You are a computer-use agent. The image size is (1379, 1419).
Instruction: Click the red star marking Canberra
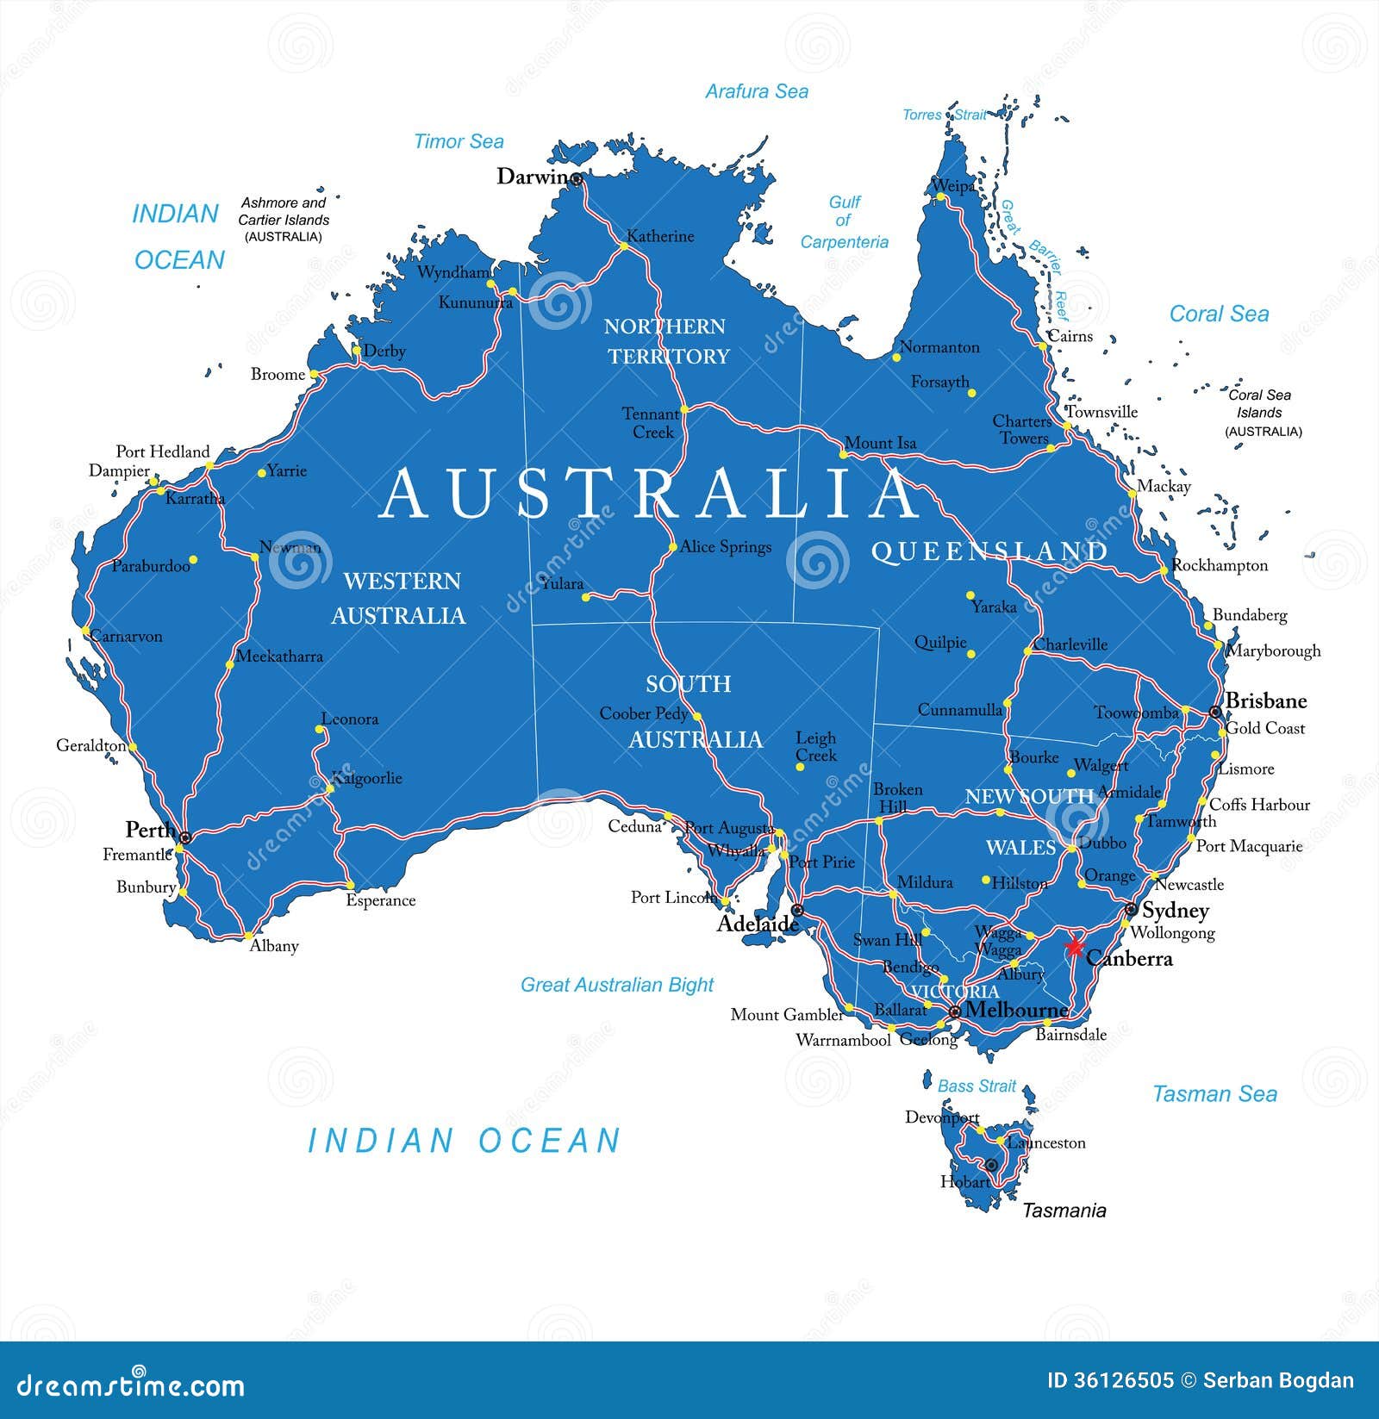pos(1074,947)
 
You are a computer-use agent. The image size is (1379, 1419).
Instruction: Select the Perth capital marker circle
pos(184,837)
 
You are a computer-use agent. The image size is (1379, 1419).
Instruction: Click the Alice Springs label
pos(726,547)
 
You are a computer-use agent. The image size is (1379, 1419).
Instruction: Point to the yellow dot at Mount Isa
pos(844,454)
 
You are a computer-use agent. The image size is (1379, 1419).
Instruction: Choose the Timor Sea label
pos(459,141)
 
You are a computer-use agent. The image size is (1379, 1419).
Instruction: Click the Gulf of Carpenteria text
pos(844,222)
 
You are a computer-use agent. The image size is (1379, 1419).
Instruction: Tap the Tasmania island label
pos(1064,1211)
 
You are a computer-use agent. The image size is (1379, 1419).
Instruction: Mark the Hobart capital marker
pos(991,1165)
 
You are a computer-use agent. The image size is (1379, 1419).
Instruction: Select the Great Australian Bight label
pos(617,985)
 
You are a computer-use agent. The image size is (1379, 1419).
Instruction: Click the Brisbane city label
pos(1265,700)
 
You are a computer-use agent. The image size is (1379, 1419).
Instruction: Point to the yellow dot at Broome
pos(315,375)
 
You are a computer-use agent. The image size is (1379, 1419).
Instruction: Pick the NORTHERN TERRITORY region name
pos(667,341)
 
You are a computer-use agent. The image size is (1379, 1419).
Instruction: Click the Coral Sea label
pos(1219,314)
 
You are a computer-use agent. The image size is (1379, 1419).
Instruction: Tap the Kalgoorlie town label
pos(367,778)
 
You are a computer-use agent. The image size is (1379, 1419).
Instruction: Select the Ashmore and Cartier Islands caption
pos(284,219)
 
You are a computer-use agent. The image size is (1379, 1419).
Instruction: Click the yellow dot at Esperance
pos(350,886)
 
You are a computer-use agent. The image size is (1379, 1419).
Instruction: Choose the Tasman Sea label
pos(1214,1094)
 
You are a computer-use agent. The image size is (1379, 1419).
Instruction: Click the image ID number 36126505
pos(1110,1380)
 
